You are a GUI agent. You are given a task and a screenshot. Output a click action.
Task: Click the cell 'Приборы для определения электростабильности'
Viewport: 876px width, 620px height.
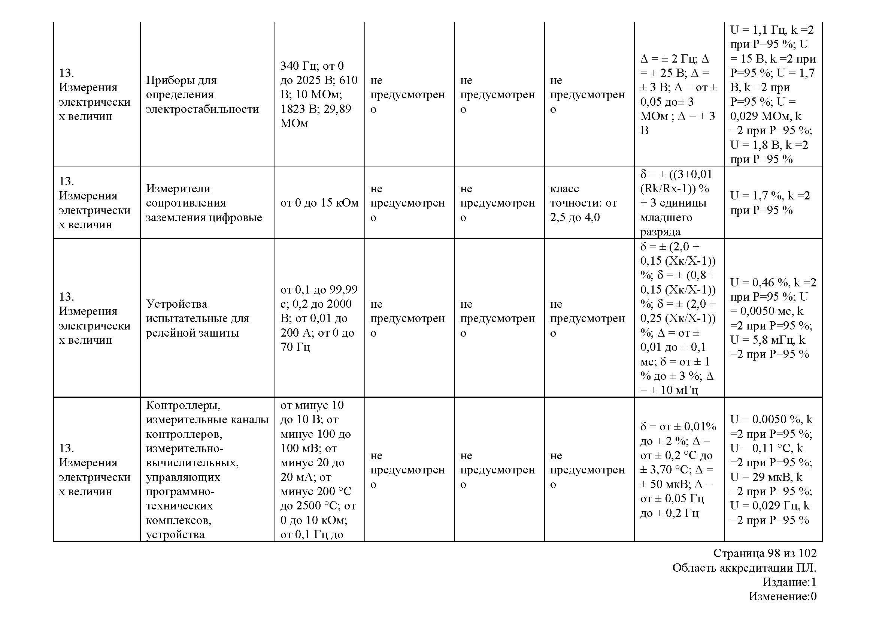tap(202, 95)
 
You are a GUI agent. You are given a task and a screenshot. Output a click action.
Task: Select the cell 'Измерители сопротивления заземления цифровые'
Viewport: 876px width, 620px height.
tap(204, 203)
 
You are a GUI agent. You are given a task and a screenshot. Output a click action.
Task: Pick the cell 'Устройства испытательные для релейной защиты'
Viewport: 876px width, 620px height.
tap(197, 318)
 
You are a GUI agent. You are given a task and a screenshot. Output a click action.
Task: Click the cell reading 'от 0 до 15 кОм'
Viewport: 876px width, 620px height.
tap(319, 203)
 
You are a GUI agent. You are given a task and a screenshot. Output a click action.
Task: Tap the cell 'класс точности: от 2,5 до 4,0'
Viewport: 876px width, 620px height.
tap(584, 203)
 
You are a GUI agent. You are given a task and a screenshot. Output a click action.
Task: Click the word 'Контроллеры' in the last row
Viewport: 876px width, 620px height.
tap(183, 405)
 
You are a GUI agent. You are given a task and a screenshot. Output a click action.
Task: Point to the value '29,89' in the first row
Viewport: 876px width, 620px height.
tap(337, 109)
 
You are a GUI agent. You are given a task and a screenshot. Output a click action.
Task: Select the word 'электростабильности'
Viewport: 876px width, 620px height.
tap(202, 109)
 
